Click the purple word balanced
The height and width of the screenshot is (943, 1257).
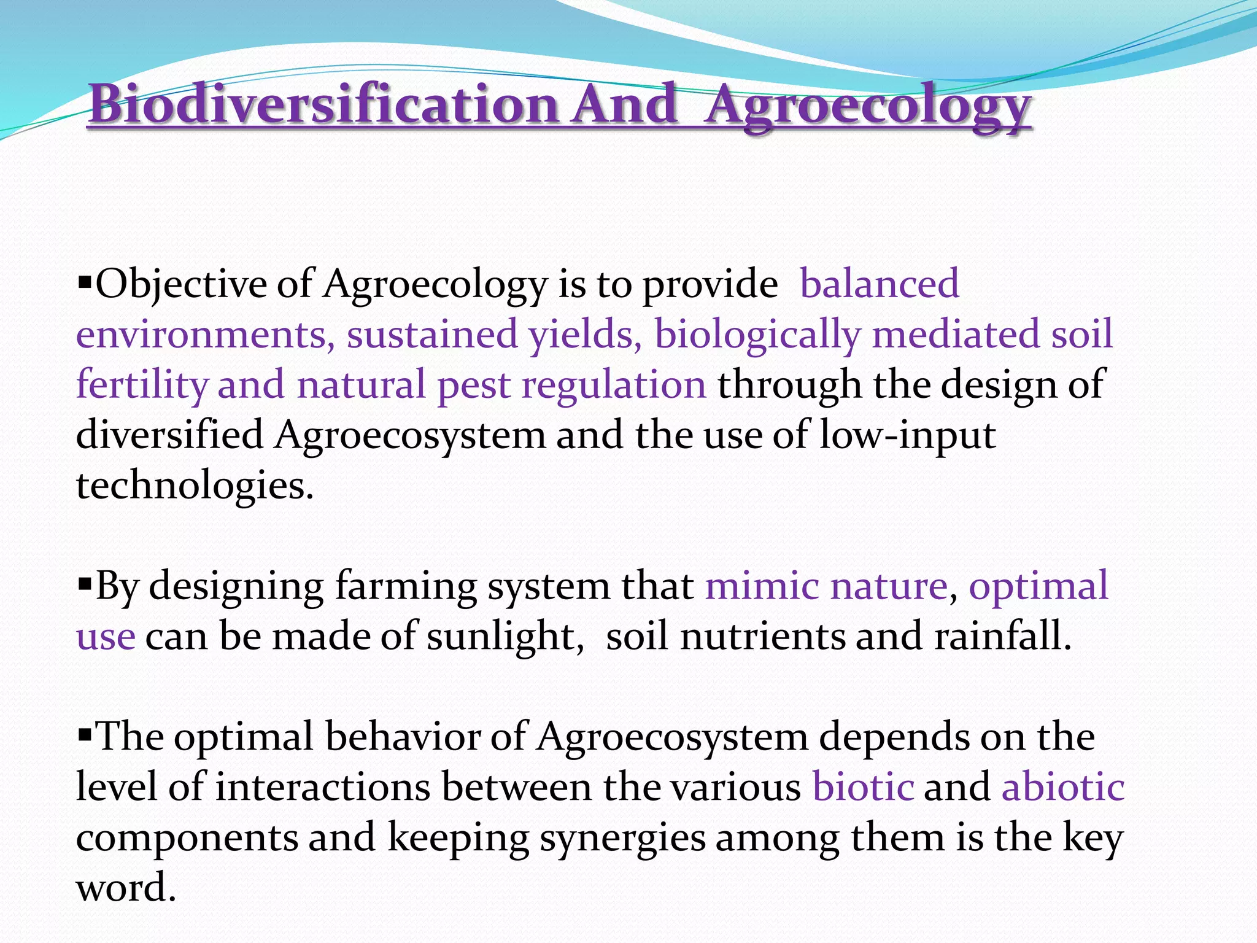pos(879,284)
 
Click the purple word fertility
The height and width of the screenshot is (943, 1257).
pos(142,385)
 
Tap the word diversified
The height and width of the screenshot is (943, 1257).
pos(169,435)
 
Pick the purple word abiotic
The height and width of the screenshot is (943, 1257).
pos(1062,787)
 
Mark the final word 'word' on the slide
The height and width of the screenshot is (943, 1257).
pos(125,888)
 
